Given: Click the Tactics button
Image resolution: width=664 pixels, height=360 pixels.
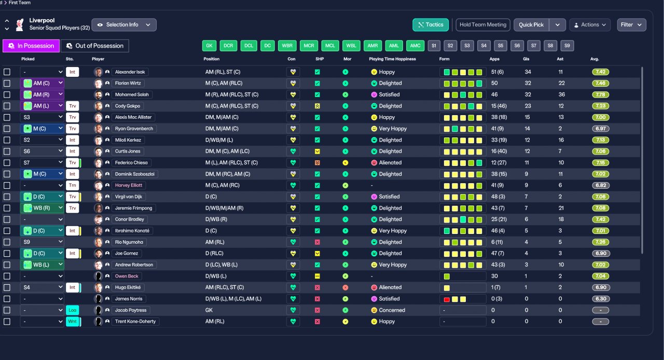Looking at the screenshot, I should (431, 25).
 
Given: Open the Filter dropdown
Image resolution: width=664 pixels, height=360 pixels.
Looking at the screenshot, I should (631, 25).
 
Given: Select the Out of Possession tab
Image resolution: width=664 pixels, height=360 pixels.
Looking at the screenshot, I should (94, 46).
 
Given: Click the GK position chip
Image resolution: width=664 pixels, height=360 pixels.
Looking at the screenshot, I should (209, 46).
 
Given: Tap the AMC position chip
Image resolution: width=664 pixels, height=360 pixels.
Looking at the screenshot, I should (415, 46).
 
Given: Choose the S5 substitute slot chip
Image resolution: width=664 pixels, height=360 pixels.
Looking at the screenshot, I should (500, 46).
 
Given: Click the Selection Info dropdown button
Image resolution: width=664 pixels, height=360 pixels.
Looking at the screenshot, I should (124, 25).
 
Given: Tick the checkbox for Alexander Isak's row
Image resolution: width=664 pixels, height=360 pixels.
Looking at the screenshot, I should (7, 72).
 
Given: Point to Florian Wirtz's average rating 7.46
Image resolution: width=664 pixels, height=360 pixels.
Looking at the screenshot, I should (600, 84).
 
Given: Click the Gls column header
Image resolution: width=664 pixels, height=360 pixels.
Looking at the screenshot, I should (527, 59).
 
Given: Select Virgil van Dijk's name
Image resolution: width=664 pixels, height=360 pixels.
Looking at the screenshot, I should (130, 197).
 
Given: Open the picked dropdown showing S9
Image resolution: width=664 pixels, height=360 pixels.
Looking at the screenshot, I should (42, 242).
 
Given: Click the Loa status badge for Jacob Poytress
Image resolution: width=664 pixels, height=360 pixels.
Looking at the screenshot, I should (72, 310).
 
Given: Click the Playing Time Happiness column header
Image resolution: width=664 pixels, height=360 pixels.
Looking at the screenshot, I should (392, 59).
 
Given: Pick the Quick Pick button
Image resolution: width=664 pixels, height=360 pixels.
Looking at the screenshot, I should (531, 25).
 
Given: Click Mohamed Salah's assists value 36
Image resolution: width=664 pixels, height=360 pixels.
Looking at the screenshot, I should (561, 95).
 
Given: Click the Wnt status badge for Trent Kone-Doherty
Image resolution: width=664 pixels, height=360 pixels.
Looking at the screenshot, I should (72, 322).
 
